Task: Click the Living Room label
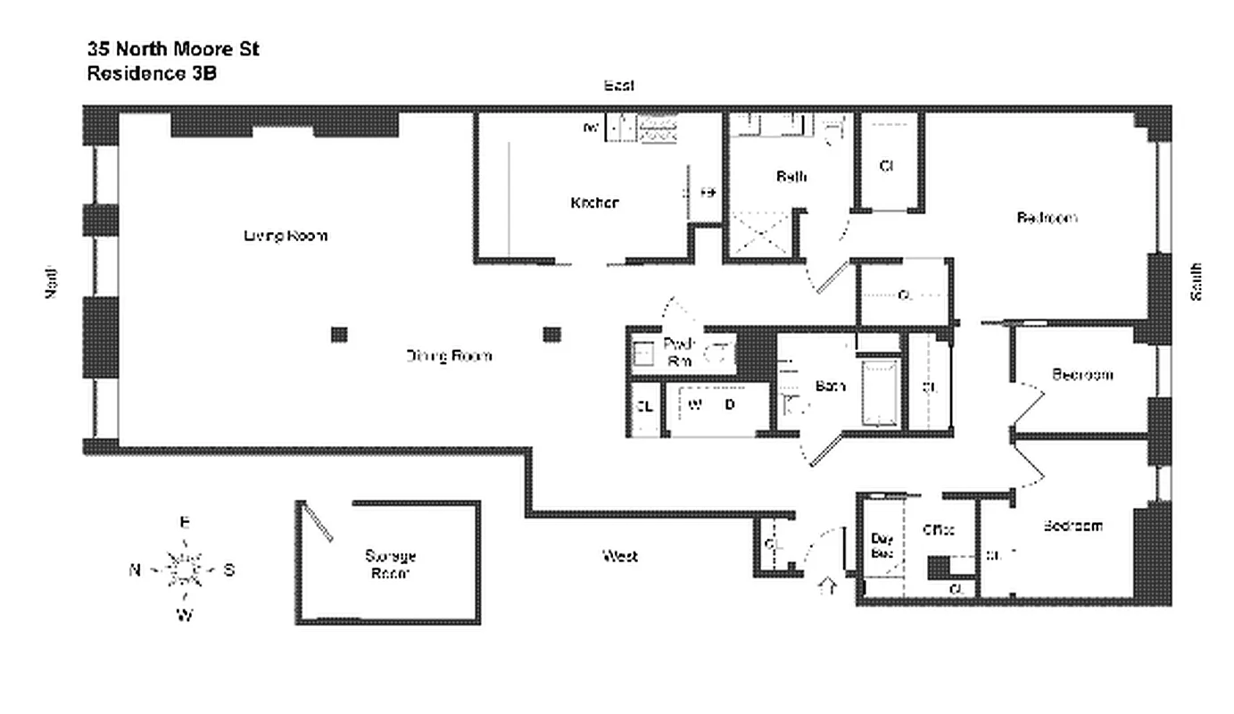tap(285, 236)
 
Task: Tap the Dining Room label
tap(449, 356)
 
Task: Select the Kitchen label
tap(594, 203)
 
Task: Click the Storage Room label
tap(390, 564)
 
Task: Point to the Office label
tap(938, 529)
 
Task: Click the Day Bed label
tap(882, 545)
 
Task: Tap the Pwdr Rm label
tap(680, 352)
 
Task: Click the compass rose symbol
tap(185, 569)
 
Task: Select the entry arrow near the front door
tap(827, 586)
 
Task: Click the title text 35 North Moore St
tap(173, 49)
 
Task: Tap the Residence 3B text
tap(151, 74)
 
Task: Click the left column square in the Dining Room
tap(339, 335)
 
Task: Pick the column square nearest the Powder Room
tap(552, 335)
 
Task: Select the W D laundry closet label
tap(711, 405)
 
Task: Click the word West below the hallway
tap(619, 556)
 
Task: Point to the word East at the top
tap(619, 86)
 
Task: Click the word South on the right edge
tap(1196, 281)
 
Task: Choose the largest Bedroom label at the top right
tap(1047, 218)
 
